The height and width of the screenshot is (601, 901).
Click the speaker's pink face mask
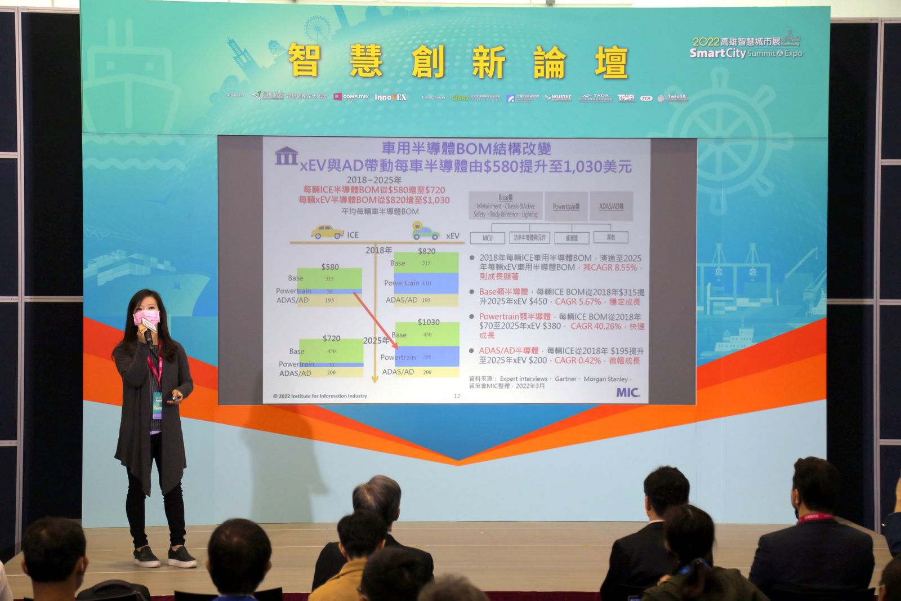(x=146, y=318)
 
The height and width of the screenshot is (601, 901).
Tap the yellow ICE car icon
(x=327, y=232)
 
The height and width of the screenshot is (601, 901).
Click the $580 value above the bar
(x=330, y=266)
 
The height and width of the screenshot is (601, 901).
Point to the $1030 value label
(x=429, y=322)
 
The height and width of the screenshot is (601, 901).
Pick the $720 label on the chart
(x=331, y=338)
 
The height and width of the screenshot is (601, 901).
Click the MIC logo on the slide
(x=627, y=392)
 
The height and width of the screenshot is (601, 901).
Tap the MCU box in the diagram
(x=488, y=238)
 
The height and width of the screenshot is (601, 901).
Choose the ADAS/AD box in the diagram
(x=611, y=206)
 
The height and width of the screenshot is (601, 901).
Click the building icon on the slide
(x=286, y=156)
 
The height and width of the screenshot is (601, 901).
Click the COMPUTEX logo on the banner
(x=351, y=97)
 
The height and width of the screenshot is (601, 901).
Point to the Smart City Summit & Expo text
(x=746, y=54)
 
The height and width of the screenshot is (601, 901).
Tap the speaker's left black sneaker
(x=182, y=557)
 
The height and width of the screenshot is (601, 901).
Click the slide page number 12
(x=457, y=396)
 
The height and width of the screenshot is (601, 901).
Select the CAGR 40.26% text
(x=596, y=326)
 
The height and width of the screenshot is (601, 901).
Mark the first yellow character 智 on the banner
(x=304, y=61)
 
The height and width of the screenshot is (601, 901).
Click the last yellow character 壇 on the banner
(x=611, y=62)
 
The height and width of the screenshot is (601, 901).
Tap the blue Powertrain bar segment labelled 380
(x=427, y=357)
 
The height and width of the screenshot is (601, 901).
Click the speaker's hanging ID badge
(x=157, y=405)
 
